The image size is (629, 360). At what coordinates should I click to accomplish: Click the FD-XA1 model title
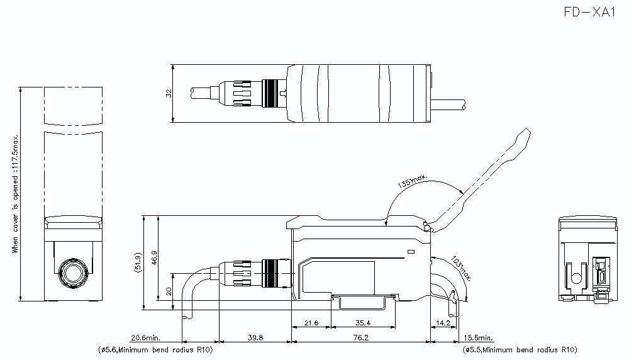590,13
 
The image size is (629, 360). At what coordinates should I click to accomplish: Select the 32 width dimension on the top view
168,93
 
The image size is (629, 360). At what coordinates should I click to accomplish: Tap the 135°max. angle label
413,183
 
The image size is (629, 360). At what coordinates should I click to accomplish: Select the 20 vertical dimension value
167,291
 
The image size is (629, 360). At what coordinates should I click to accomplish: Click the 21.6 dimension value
311,323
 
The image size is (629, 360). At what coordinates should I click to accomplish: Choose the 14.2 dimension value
443,323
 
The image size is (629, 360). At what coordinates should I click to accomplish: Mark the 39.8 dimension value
255,338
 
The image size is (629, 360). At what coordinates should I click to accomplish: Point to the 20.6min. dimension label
147,338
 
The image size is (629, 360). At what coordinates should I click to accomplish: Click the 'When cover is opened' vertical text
15,194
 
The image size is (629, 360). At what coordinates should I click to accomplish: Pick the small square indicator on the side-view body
409,252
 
